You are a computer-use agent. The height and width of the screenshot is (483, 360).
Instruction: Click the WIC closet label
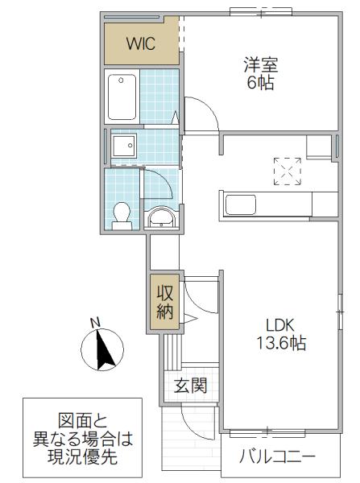point(141,43)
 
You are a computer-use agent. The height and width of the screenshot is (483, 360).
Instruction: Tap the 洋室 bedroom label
point(261,64)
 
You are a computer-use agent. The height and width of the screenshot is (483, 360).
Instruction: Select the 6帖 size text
point(261,82)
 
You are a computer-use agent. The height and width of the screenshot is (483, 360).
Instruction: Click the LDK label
point(279,324)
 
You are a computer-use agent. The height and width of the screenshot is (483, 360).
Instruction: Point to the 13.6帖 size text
point(281,343)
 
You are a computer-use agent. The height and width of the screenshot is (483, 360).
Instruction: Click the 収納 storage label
point(165,302)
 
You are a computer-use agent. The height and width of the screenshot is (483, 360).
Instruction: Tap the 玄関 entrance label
point(190,386)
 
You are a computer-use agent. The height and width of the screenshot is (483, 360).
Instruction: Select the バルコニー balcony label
point(277,456)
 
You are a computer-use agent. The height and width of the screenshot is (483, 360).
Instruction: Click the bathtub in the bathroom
point(122,97)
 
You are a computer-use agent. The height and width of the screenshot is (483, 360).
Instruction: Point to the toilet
point(122,216)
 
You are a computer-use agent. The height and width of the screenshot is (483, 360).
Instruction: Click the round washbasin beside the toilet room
point(161,218)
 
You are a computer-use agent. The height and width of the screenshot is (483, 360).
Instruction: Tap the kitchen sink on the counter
point(241,204)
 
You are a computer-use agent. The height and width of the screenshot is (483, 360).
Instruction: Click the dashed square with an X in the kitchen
point(288,171)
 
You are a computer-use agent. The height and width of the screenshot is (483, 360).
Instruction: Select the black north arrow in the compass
point(104,349)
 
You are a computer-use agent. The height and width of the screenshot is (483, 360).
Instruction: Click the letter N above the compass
point(96,322)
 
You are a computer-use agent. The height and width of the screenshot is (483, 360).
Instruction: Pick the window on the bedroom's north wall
point(261,13)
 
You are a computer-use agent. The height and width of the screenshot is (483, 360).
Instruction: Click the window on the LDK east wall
point(341,312)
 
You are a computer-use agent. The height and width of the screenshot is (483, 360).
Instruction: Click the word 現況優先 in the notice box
point(82,456)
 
